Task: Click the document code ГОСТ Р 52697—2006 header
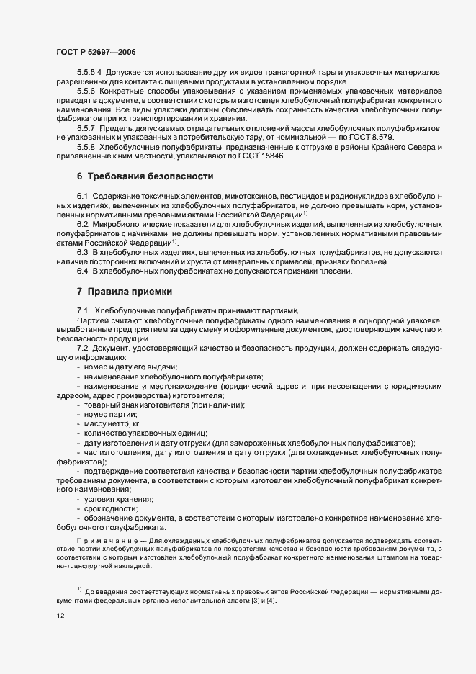95,52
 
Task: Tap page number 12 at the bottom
60,616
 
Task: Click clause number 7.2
82,348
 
